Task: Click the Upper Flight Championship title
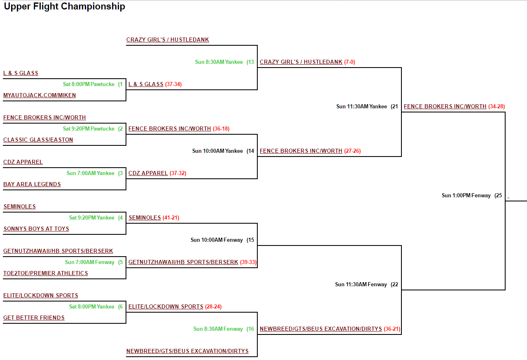click(64, 7)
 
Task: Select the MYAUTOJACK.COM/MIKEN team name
click(40, 96)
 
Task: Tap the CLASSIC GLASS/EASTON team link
click(38, 140)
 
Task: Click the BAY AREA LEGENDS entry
click(32, 185)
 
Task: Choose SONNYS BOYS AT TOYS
click(36, 229)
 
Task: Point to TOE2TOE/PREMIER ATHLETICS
click(46, 274)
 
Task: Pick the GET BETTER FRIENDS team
click(34, 318)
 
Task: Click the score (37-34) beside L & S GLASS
click(173, 84)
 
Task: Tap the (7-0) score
click(350, 62)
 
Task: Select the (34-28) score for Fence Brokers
click(497, 107)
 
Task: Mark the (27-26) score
click(352, 151)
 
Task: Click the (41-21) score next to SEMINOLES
click(171, 218)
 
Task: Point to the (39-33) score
click(248, 262)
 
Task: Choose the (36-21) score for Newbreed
click(392, 329)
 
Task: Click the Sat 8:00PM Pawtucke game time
click(89, 84)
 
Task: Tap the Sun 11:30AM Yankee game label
click(361, 107)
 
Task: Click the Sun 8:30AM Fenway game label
click(218, 329)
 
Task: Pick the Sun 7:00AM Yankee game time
click(91, 173)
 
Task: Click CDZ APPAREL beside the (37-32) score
click(148, 173)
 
